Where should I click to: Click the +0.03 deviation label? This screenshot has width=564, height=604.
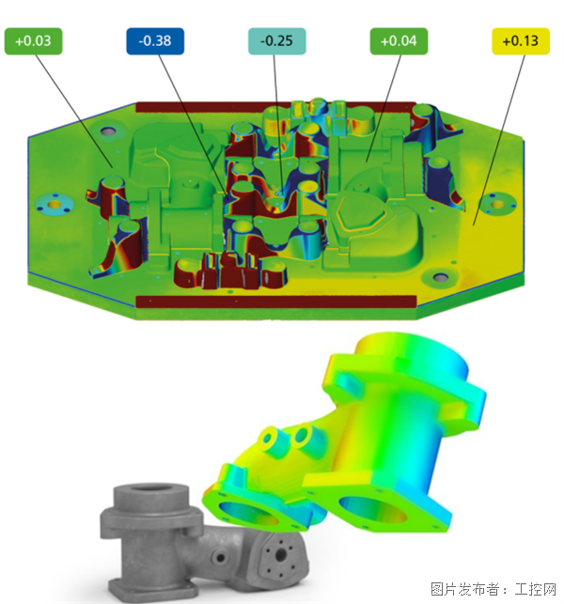(x=33, y=41)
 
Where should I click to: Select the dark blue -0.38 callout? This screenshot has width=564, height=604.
(x=155, y=41)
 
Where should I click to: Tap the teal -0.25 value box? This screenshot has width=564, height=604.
(x=276, y=41)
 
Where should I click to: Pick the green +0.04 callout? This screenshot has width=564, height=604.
(x=399, y=41)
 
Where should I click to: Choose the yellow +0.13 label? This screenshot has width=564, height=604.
(x=521, y=41)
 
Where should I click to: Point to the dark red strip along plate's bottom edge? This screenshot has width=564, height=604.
(x=276, y=302)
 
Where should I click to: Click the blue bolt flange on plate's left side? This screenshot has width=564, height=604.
(x=55, y=204)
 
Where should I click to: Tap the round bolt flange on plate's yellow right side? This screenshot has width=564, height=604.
(x=497, y=204)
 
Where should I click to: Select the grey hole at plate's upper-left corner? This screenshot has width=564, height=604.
(x=108, y=132)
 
